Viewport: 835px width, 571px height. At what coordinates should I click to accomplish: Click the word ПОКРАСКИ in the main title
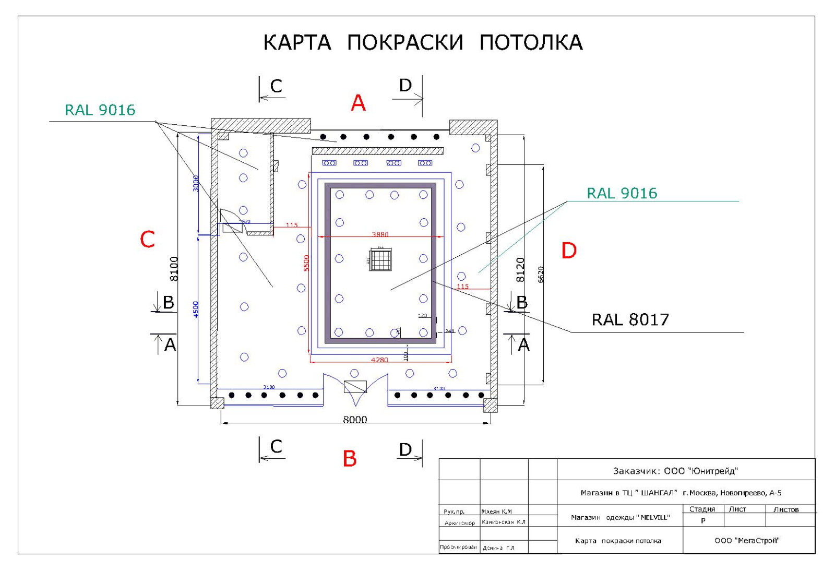tap(405, 43)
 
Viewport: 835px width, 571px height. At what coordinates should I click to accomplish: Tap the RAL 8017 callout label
tap(630, 319)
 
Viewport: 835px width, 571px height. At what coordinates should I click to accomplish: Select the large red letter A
tap(358, 103)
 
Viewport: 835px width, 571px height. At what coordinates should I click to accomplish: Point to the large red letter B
tap(350, 459)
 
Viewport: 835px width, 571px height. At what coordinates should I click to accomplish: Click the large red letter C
tap(148, 240)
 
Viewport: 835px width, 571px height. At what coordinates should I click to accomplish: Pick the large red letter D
tap(569, 251)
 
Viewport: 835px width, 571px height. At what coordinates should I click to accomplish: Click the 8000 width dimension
tap(355, 420)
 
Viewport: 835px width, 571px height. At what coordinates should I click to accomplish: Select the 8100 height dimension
tap(174, 269)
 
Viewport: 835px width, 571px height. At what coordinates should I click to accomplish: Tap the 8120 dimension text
tap(520, 270)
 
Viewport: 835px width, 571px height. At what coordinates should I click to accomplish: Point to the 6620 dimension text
tap(541, 275)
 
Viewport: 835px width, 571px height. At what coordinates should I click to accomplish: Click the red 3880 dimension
tap(380, 234)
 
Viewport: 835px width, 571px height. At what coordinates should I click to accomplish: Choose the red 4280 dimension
tap(379, 360)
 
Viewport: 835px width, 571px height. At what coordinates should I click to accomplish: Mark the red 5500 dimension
tap(306, 263)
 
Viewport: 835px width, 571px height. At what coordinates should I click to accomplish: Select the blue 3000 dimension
tap(196, 183)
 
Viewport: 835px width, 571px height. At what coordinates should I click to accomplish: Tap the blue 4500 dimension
tap(196, 309)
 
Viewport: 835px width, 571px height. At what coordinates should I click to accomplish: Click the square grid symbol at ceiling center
tap(380, 260)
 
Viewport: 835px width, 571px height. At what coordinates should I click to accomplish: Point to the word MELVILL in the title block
tap(654, 518)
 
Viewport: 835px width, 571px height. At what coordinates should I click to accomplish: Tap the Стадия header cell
tap(702, 509)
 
